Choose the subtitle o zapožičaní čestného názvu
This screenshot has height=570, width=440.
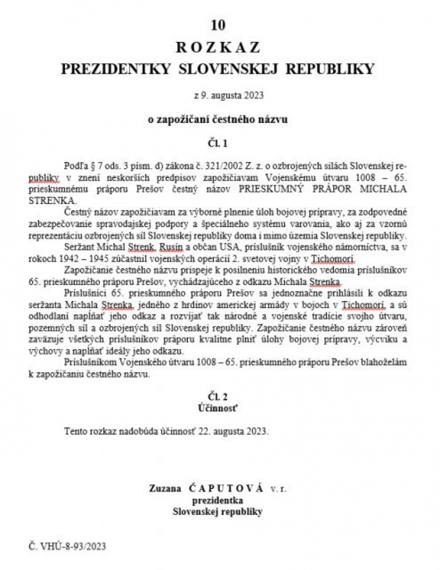217,120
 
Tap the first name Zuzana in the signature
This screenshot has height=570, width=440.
166,488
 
